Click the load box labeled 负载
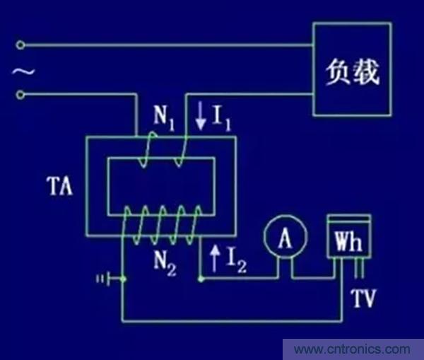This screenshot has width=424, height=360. (x=352, y=69)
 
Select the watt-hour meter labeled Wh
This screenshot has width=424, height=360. (x=348, y=243)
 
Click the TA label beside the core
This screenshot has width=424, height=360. (x=60, y=190)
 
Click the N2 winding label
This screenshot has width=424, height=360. (x=165, y=263)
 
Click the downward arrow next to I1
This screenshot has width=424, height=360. (x=201, y=116)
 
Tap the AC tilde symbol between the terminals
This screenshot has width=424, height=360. (x=21, y=71)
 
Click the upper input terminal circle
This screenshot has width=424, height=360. (x=20, y=46)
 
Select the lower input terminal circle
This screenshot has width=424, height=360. (x=20, y=95)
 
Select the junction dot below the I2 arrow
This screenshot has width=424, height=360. (x=201, y=279)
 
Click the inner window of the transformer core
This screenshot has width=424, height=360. (x=160, y=186)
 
